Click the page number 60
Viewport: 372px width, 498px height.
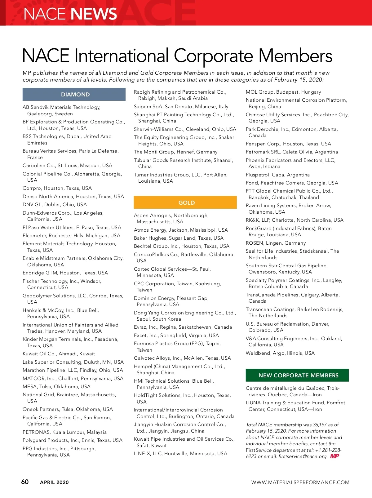coord(25,482)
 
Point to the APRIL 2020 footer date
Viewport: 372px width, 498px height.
coord(54,482)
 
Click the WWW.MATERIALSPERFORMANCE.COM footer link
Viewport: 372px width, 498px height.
coord(300,482)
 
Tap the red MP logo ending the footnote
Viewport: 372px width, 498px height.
coord(334,456)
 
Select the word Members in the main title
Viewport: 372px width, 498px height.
coord(295,56)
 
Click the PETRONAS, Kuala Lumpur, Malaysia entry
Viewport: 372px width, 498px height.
coord(64,432)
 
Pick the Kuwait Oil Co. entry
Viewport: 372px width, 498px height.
coord(59,353)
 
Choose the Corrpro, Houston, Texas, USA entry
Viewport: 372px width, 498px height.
coord(57,188)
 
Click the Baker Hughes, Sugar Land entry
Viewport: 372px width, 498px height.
coord(179,238)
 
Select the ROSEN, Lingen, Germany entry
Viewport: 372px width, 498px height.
coord(276,243)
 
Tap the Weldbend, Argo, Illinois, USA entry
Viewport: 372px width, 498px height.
coord(280,353)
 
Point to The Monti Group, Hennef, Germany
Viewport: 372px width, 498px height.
coord(175,152)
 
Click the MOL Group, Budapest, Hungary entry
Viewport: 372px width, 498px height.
coord(283,92)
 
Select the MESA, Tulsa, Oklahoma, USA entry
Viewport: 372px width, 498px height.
coord(56,386)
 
